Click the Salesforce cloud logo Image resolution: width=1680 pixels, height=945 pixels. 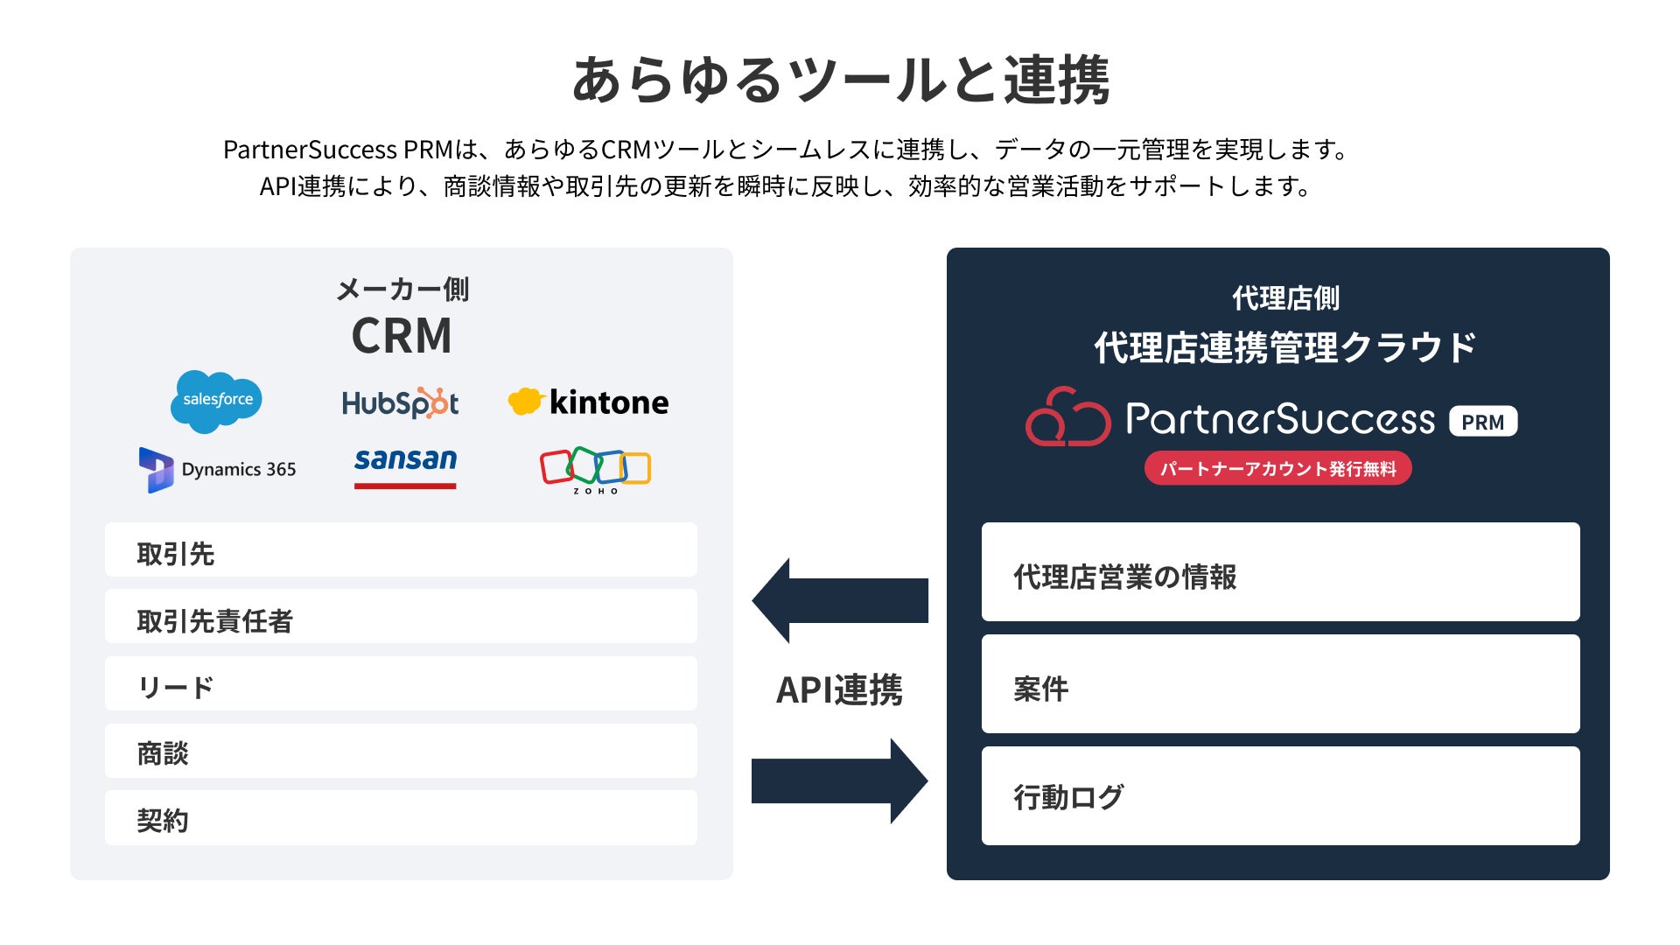(x=216, y=401)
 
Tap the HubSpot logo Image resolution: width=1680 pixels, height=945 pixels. (x=400, y=402)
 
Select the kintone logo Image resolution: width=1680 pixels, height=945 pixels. (x=588, y=402)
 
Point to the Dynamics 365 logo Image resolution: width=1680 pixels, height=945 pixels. (x=217, y=470)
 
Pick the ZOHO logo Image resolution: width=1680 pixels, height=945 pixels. (x=595, y=471)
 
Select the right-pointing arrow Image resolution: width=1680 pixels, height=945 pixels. (x=840, y=780)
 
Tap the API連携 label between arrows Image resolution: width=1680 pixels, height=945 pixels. (x=839, y=689)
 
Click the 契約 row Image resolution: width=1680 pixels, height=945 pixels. (x=401, y=818)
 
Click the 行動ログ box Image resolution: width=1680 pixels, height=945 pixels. (x=1280, y=795)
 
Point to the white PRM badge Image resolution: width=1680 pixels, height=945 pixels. (x=1483, y=422)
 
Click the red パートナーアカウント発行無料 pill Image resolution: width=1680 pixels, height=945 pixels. (x=1277, y=468)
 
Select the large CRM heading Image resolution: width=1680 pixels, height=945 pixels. (x=402, y=336)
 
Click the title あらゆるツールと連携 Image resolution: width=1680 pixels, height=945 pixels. (x=840, y=80)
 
